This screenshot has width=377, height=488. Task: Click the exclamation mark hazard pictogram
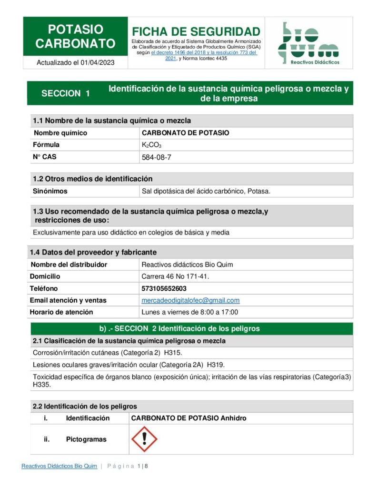(x=144, y=439)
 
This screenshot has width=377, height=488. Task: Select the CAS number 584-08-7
(x=156, y=157)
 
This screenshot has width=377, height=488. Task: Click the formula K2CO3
(x=151, y=145)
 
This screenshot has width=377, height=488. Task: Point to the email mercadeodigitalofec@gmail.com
(x=190, y=300)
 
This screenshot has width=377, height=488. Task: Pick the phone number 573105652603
(x=164, y=288)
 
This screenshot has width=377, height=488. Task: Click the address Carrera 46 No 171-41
(x=176, y=276)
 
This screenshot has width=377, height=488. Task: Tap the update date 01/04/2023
(x=98, y=62)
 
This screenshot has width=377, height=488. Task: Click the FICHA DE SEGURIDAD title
(x=196, y=32)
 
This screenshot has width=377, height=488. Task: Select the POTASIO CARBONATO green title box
(x=75, y=37)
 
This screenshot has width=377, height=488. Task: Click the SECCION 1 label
(x=66, y=93)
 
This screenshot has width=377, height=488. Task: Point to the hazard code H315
(x=173, y=353)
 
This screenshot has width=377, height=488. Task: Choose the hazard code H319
(x=216, y=365)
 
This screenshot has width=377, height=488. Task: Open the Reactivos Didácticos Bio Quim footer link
(x=59, y=466)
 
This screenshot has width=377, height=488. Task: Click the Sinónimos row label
(x=50, y=191)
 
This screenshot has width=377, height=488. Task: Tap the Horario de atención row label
(x=61, y=312)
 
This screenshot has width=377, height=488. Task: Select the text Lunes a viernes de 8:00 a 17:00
(x=190, y=312)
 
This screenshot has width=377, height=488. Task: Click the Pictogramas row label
(x=86, y=439)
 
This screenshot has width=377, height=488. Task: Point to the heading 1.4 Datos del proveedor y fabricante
(x=93, y=252)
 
